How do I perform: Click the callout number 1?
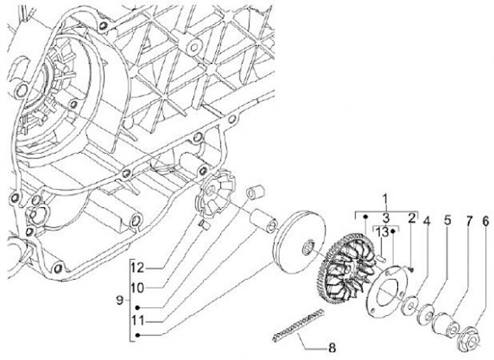(385, 202)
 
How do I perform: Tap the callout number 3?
(385, 217)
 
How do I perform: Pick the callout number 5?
(447, 221)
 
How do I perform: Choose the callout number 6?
(485, 221)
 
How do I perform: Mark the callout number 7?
(468, 221)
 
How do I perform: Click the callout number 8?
(333, 347)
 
